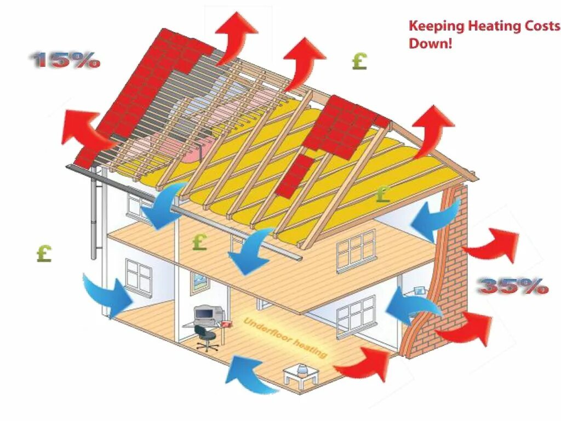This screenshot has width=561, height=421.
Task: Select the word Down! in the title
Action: coord(431,43)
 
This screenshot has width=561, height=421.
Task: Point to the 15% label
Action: coord(66,60)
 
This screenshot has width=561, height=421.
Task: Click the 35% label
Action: coord(513,286)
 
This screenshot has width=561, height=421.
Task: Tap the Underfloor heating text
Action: coord(285,337)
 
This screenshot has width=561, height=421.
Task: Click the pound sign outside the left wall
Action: coord(44,253)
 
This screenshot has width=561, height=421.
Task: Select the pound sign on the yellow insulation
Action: coord(383,193)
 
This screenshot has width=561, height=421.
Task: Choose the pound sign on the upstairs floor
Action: coord(200,242)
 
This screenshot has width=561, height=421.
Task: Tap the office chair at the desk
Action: coord(207,338)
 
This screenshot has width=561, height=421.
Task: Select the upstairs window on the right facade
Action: coord(356,249)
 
